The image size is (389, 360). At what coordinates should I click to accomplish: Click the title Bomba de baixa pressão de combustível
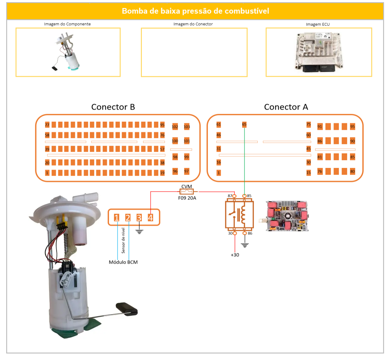[195, 11]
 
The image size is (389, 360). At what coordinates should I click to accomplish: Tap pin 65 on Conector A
[244, 125]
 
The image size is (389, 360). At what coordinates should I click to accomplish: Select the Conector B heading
[113, 107]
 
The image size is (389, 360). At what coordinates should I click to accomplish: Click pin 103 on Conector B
[187, 127]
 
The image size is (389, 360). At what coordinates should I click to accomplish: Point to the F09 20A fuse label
[187, 198]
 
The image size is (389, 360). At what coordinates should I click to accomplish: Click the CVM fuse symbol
[187, 192]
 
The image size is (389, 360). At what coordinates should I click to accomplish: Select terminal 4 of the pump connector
[151, 218]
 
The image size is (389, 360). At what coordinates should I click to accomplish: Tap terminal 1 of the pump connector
[116, 218]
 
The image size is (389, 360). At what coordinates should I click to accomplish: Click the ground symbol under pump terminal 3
[139, 231]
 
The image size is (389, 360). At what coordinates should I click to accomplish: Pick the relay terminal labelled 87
[234, 196]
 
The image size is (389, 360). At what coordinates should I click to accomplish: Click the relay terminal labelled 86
[245, 233]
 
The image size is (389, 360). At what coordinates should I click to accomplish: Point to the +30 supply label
[235, 255]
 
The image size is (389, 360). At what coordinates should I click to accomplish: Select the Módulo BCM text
[123, 262]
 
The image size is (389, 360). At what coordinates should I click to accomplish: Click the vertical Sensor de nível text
[123, 241]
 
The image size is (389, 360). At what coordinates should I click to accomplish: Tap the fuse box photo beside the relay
[287, 216]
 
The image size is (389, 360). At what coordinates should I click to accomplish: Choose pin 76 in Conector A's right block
[320, 171]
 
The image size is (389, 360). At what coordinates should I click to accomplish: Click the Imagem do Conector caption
[193, 24]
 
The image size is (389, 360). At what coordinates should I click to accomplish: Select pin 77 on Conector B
[47, 125]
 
